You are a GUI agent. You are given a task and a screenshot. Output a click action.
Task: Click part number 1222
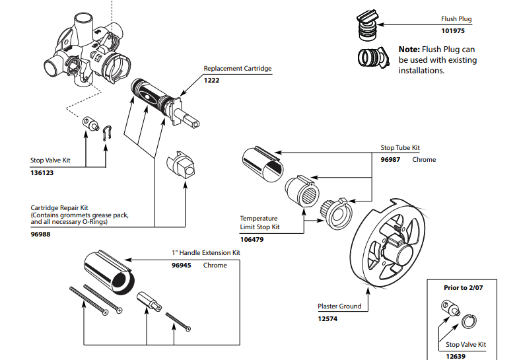tap(212, 80)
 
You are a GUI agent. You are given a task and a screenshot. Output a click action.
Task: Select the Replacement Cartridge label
tap(237, 69)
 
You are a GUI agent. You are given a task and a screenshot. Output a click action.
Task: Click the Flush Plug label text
tap(458, 20)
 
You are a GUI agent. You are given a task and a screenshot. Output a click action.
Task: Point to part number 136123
tap(43, 173)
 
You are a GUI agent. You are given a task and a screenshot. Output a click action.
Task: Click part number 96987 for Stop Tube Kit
tap(391, 160)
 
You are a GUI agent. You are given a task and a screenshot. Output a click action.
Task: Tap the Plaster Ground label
tap(339, 306)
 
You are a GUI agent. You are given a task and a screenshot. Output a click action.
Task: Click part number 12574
tap(328, 318)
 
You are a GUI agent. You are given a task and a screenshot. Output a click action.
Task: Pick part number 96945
tap(182, 266)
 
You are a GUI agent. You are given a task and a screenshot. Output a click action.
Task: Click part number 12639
tap(455, 356)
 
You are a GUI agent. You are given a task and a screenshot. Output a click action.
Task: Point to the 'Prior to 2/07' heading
tap(464, 288)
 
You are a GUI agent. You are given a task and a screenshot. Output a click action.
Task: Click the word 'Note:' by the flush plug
tap(409, 50)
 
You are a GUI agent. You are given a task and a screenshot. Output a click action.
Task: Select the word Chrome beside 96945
tap(215, 266)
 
